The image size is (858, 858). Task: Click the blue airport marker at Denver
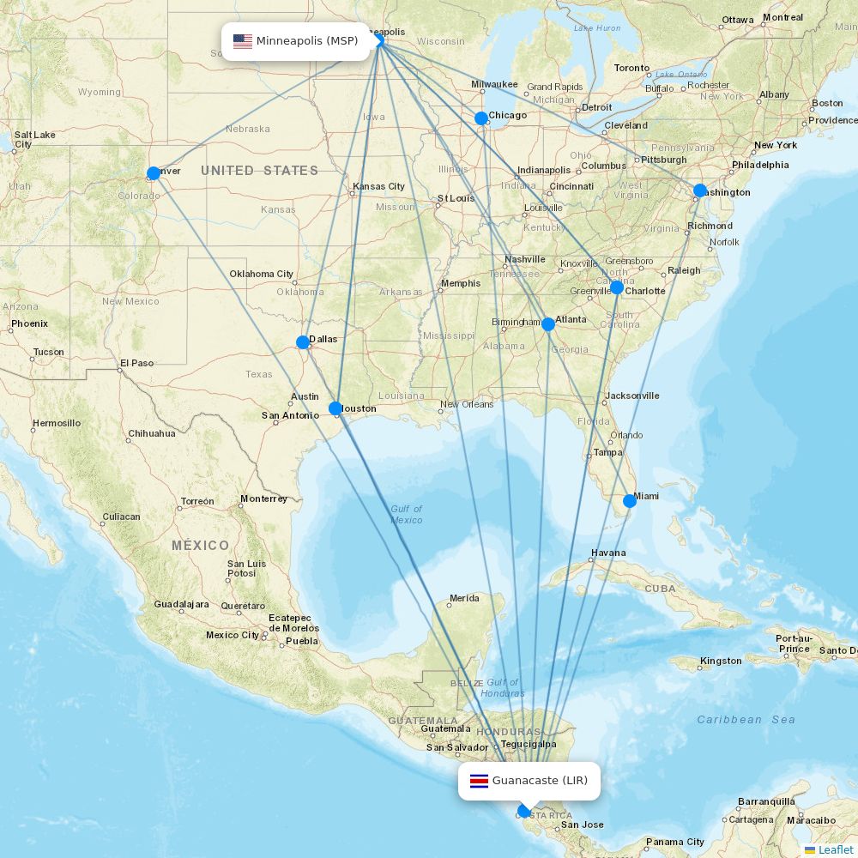coord(154,173)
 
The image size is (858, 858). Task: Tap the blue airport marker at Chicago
coord(481,118)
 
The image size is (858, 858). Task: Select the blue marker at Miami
coord(630,501)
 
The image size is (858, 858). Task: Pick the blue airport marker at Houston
coord(335,408)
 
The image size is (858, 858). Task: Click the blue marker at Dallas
coord(303,342)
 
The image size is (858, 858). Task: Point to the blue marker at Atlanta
coord(548,324)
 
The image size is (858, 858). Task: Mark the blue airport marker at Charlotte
coord(617,287)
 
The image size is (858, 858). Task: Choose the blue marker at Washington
coord(700,190)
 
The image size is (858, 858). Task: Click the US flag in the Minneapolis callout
coord(243,42)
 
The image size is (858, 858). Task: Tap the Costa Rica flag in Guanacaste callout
coord(479,781)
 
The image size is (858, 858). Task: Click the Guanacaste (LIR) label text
coord(540,781)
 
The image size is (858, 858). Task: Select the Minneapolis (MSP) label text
coord(306,42)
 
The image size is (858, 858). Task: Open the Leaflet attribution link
coord(835,849)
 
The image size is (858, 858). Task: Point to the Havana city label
coord(608,553)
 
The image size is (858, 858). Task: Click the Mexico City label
coord(232,636)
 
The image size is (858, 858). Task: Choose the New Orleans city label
coord(467,404)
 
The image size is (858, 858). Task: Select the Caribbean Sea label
coord(746,720)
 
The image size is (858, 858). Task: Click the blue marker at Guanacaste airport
coord(524,811)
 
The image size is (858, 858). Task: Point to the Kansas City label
coord(378,186)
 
